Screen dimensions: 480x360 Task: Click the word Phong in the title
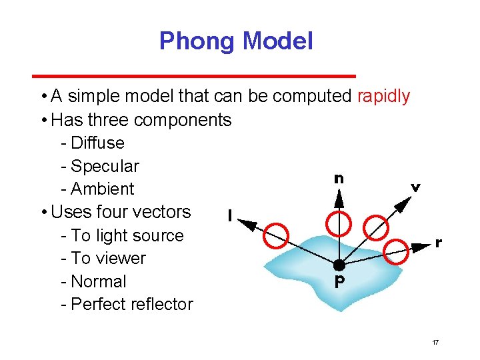click(x=197, y=42)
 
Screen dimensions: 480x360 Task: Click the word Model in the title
click(x=277, y=42)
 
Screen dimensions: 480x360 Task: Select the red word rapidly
click(x=383, y=96)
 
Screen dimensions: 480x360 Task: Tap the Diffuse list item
click(x=97, y=143)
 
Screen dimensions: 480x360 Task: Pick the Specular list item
click(x=105, y=166)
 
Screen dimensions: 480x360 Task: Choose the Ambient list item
click(x=102, y=189)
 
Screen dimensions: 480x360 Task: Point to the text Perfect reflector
click(x=131, y=304)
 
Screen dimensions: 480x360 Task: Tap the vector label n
click(x=339, y=178)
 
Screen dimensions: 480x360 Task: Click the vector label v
click(x=415, y=188)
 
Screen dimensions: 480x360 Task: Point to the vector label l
click(x=230, y=216)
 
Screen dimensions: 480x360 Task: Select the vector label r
click(x=438, y=243)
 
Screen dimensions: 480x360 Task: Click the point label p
click(x=339, y=282)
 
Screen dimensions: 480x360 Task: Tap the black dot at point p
click(x=339, y=265)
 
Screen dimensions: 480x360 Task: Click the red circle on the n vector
click(x=339, y=223)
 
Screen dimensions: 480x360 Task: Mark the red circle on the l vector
click(x=276, y=235)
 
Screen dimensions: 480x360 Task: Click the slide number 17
click(x=435, y=342)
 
